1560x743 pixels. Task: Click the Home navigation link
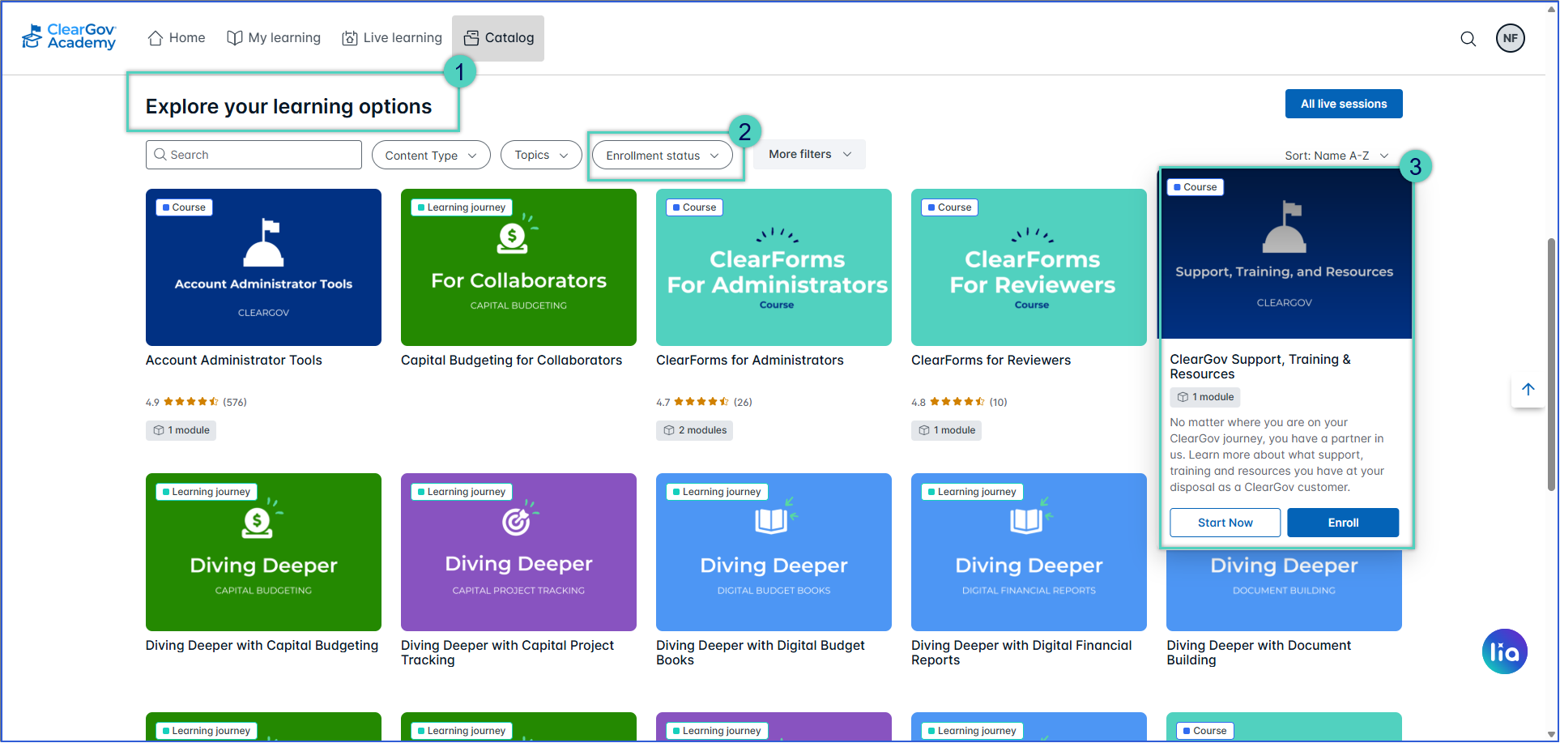(x=177, y=38)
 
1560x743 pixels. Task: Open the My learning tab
(x=274, y=38)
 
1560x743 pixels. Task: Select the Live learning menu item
(x=392, y=38)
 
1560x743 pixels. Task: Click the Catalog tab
(x=498, y=38)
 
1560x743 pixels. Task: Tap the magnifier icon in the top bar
(x=1468, y=39)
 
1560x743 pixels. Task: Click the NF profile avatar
(x=1511, y=38)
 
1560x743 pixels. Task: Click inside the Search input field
(x=254, y=155)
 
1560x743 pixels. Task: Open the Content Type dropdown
(x=431, y=155)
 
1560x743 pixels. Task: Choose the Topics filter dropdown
(x=541, y=155)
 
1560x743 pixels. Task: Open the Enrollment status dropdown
(x=663, y=156)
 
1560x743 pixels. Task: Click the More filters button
(x=809, y=154)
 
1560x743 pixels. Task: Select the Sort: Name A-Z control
(x=1336, y=156)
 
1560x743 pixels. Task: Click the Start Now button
(x=1225, y=523)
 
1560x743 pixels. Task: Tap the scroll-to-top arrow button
(x=1528, y=390)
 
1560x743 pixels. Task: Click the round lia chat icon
(x=1505, y=651)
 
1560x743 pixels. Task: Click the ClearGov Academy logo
(x=70, y=37)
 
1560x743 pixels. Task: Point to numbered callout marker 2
(x=744, y=131)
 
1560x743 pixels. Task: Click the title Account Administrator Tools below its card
(x=234, y=361)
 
